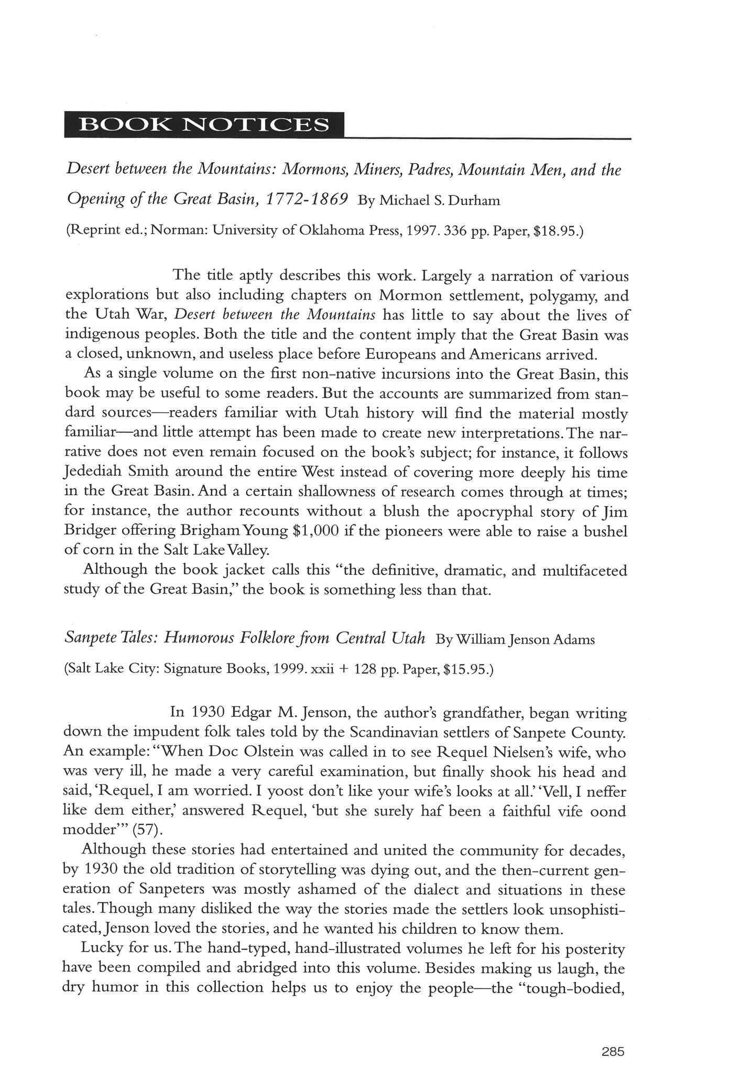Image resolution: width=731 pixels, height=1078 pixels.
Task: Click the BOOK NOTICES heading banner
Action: [x=204, y=125]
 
